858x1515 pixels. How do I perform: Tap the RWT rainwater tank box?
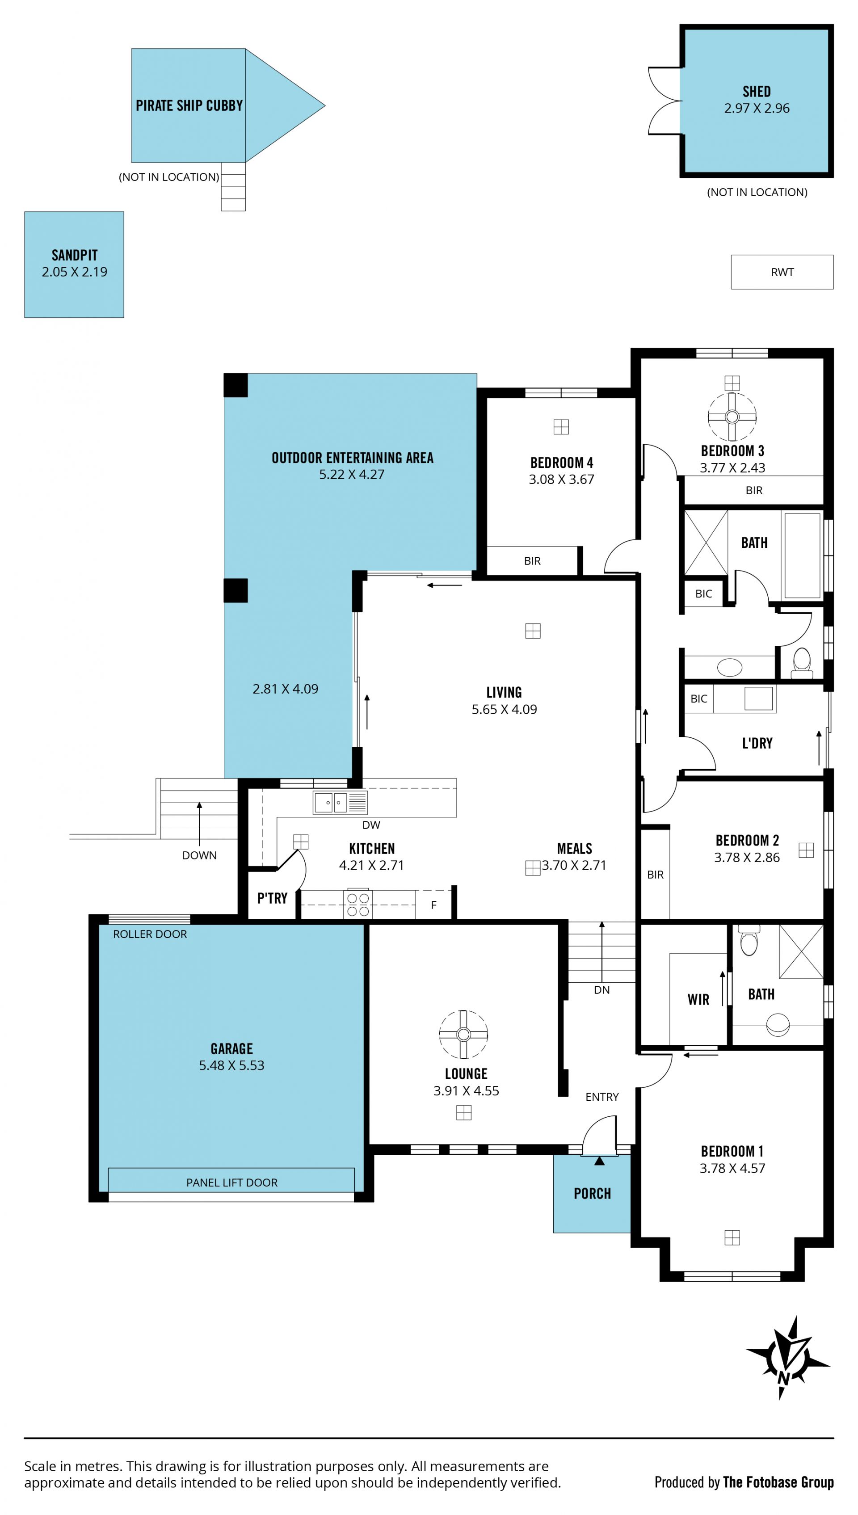click(782, 272)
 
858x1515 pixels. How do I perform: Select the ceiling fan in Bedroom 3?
click(732, 417)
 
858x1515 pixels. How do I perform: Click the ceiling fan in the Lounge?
click(464, 1034)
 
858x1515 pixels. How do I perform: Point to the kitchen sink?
click(340, 803)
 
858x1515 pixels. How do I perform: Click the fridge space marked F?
click(434, 905)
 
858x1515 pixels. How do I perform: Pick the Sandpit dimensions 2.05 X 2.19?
click(74, 272)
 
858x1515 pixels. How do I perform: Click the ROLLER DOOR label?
click(150, 934)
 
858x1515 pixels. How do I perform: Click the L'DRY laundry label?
click(757, 743)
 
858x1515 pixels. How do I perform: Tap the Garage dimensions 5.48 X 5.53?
click(231, 1065)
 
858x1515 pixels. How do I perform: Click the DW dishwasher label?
click(371, 825)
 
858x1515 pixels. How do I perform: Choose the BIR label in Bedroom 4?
click(532, 561)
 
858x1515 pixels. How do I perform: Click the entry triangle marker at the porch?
click(599, 1161)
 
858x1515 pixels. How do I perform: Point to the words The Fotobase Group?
click(778, 1482)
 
